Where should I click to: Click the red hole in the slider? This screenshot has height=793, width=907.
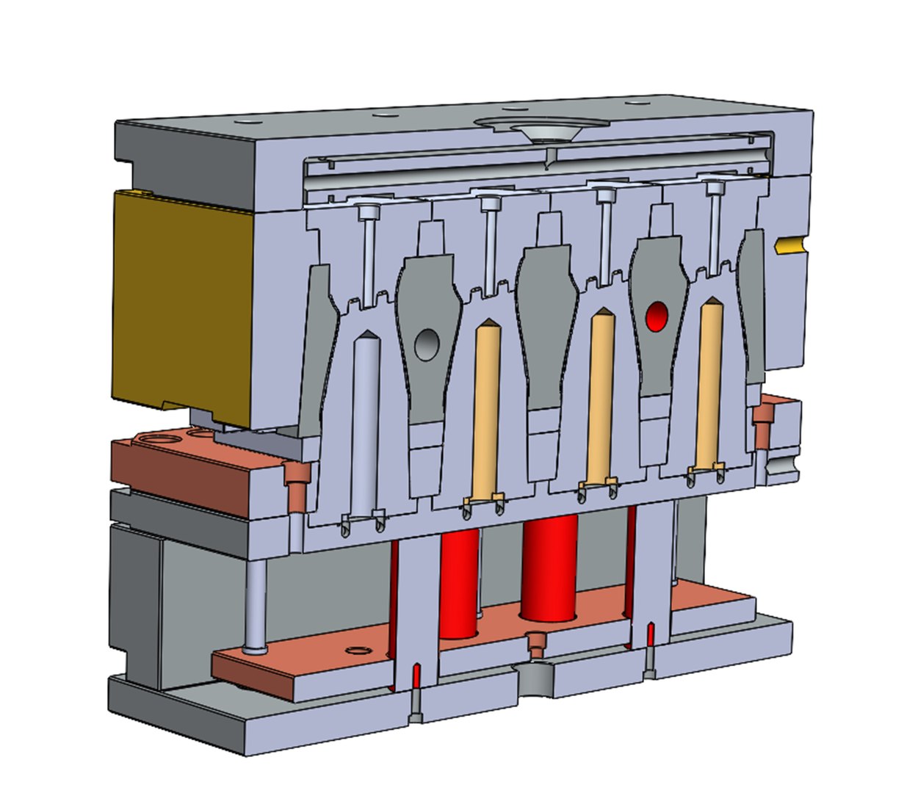656,316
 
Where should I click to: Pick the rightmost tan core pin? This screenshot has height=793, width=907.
708,382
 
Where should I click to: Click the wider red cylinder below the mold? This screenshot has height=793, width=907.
550,565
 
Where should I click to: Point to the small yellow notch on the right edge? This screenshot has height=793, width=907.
789,245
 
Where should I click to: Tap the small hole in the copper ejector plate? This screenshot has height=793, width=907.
358,651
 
